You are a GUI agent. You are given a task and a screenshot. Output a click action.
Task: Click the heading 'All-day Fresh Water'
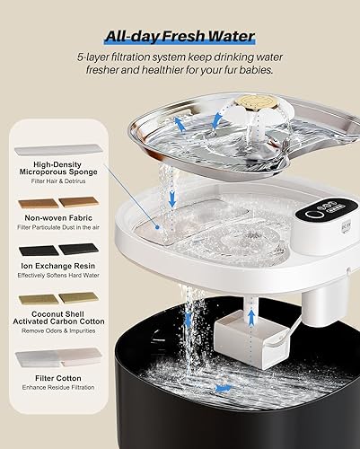(x=180, y=37)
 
